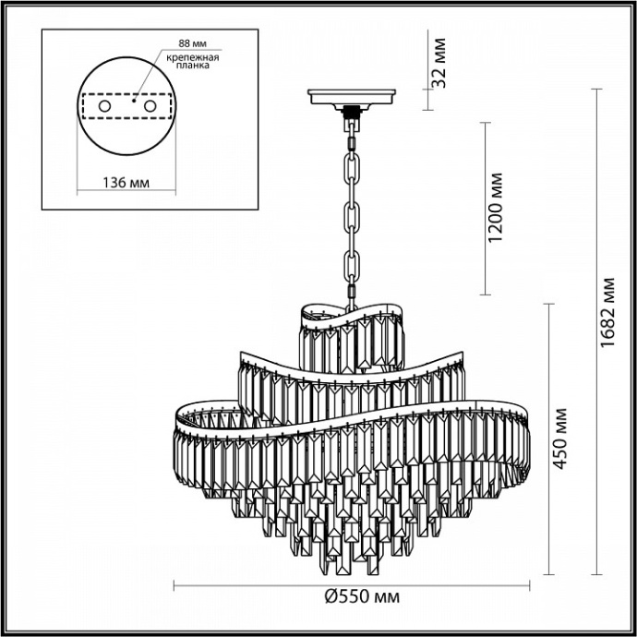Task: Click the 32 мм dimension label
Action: pos(439,61)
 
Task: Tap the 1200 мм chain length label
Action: pos(497,208)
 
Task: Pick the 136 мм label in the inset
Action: pos(124,181)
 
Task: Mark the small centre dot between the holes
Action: pos(133,103)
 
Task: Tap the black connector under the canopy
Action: pos(351,114)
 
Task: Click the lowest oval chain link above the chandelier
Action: pos(351,290)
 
